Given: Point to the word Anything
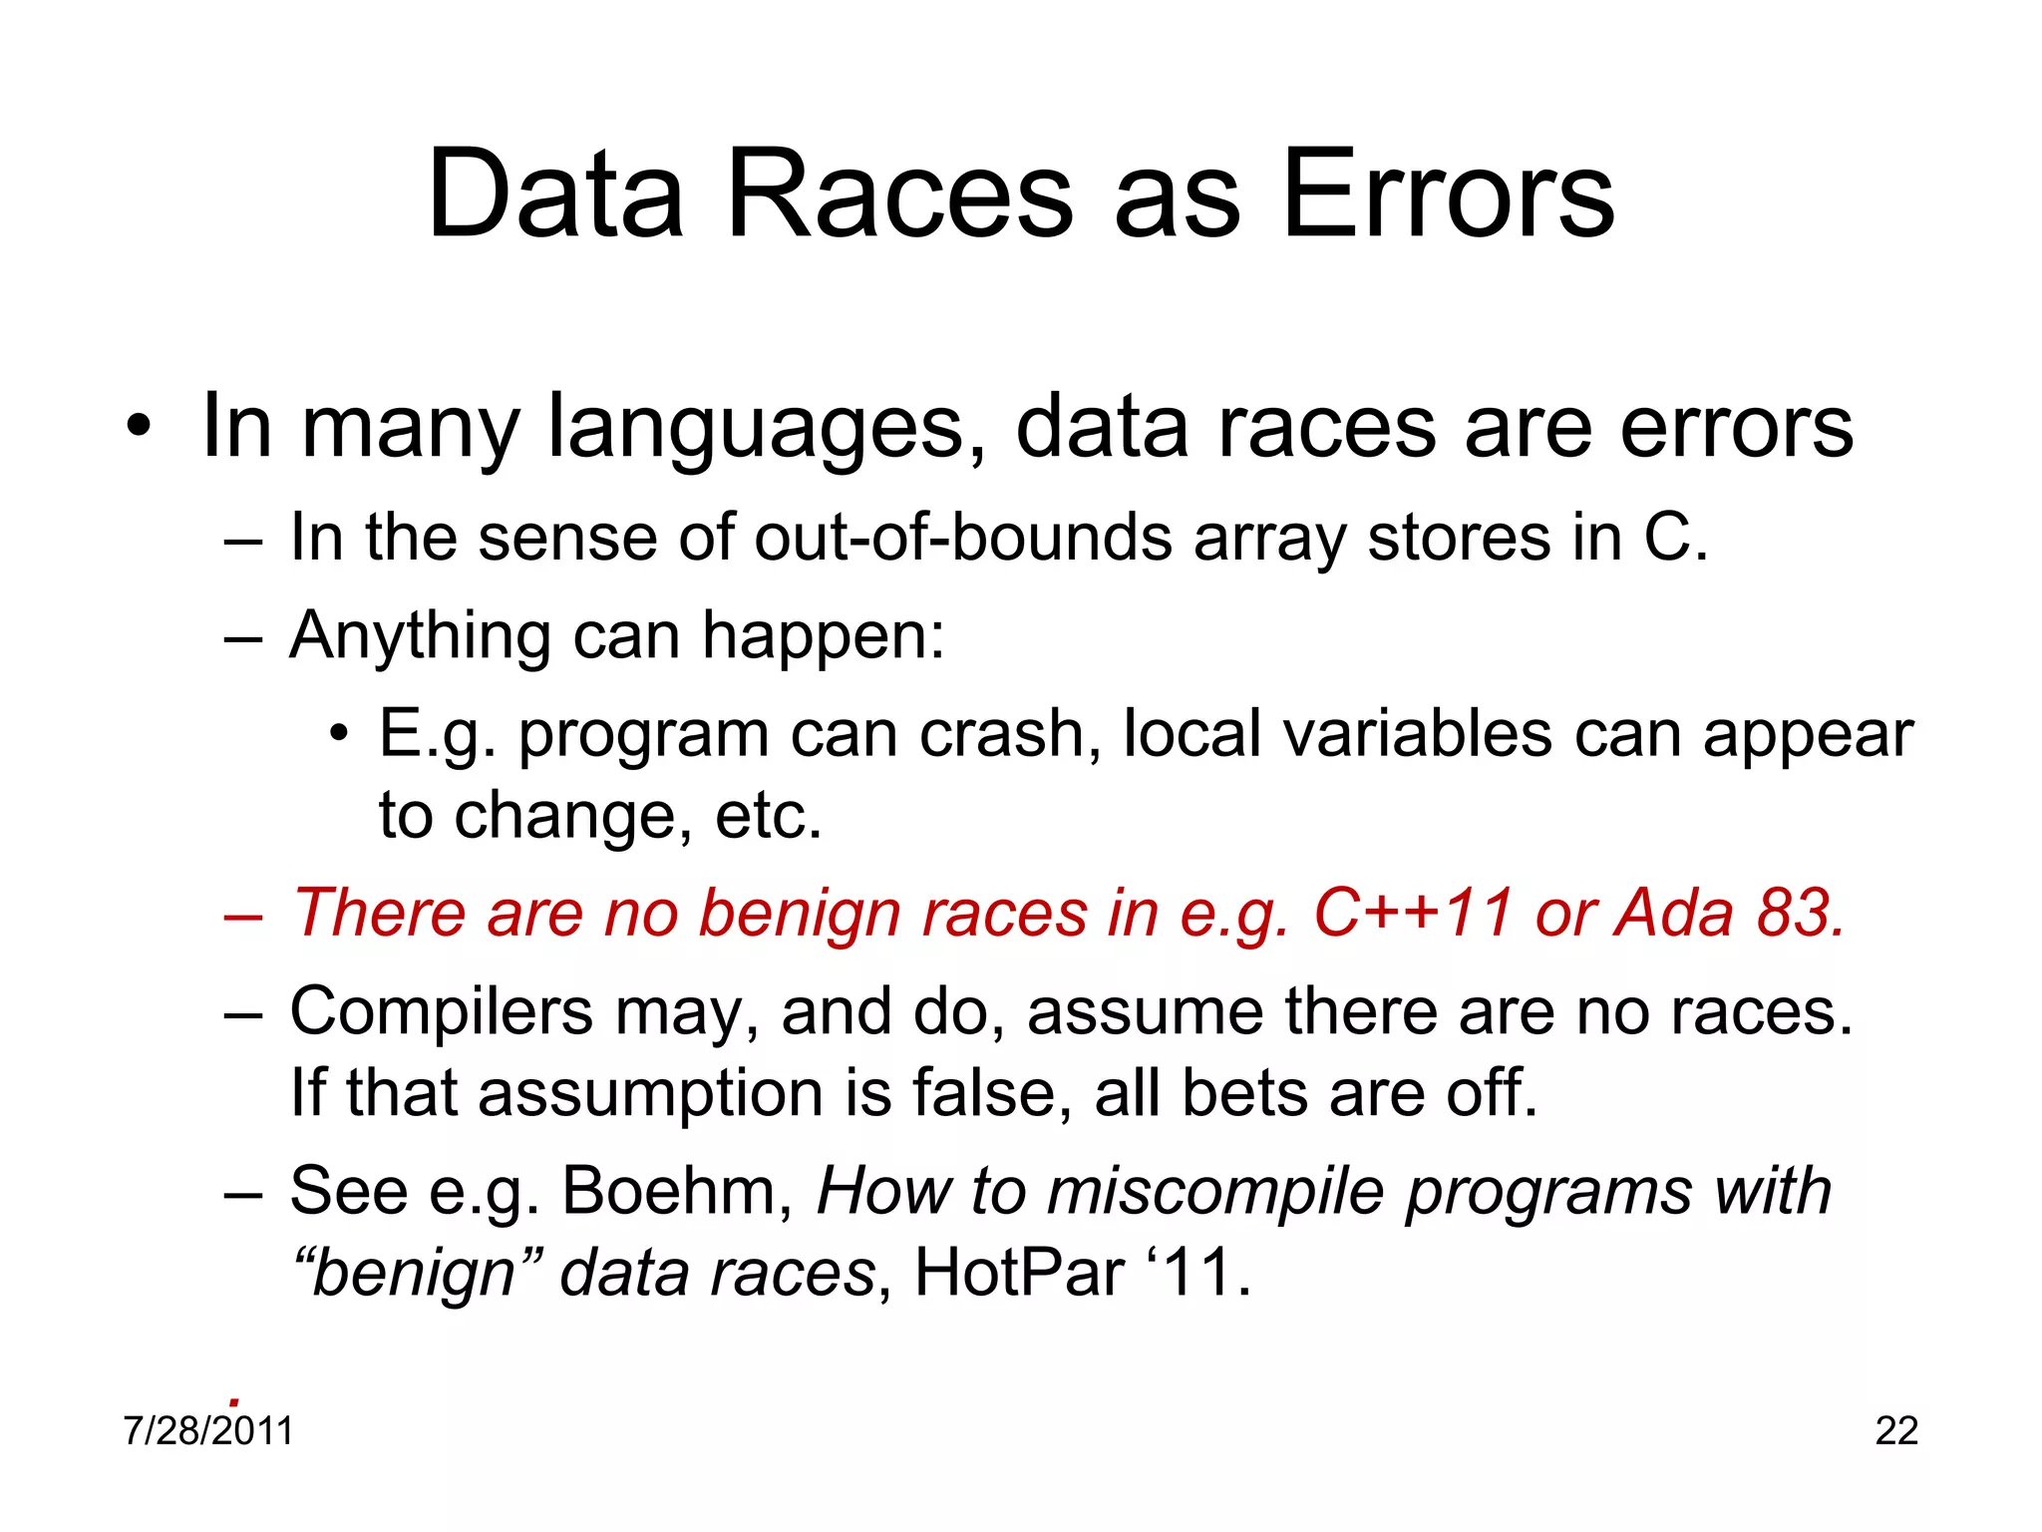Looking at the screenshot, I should [x=420, y=636].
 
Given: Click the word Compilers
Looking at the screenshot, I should [x=441, y=1013].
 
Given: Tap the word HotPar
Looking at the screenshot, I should [x=1019, y=1273].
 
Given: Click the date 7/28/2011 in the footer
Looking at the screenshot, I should [x=208, y=1431].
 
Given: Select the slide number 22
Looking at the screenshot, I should [x=1896, y=1431].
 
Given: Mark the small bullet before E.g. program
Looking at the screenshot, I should [x=340, y=735].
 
